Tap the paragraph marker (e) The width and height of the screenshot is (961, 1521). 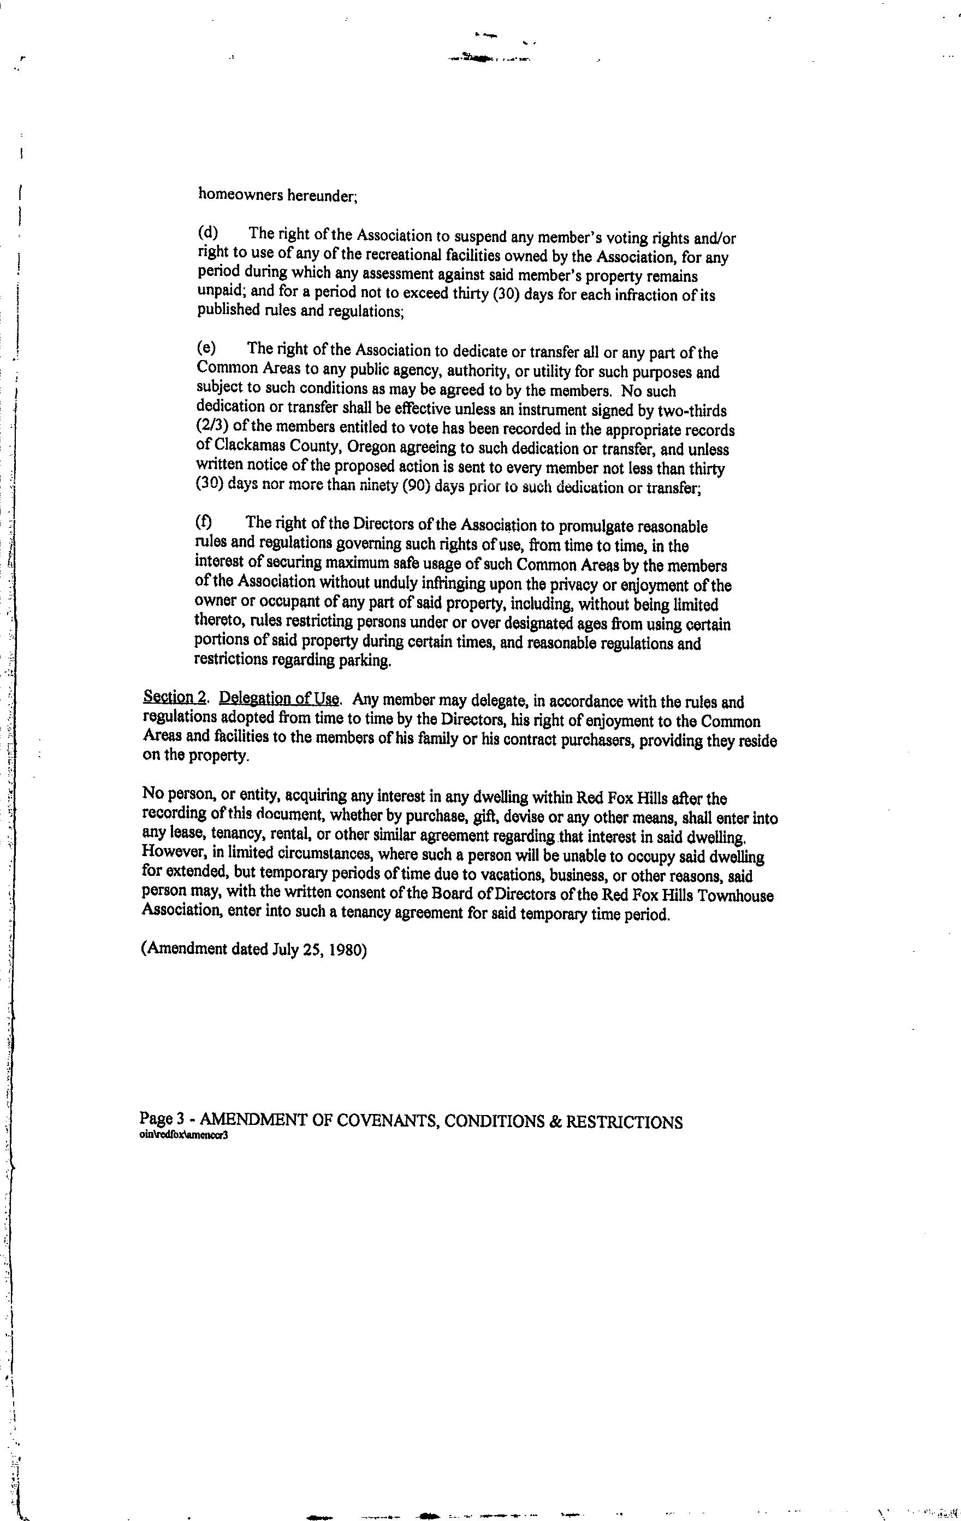tap(206, 348)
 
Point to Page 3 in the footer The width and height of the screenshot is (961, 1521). tap(162, 1119)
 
